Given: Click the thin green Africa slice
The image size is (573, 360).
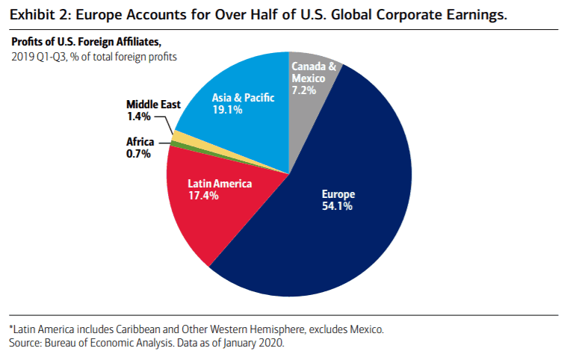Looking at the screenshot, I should pyautogui.click(x=175, y=143).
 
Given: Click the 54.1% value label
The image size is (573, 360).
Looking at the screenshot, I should pyautogui.click(x=334, y=206).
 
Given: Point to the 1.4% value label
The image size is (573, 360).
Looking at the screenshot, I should pyautogui.click(x=137, y=117).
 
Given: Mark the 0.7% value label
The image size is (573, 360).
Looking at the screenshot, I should pyautogui.click(x=138, y=154).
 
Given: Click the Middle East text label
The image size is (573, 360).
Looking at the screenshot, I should pyautogui.click(x=153, y=105).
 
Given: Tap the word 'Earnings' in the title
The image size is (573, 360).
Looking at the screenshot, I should pyautogui.click(x=465, y=13).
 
